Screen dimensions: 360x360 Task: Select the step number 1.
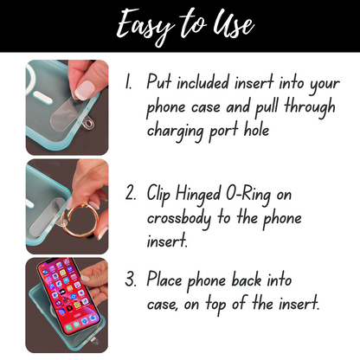128,84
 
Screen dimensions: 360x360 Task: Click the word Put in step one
159,84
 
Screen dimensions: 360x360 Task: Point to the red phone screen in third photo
65,299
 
